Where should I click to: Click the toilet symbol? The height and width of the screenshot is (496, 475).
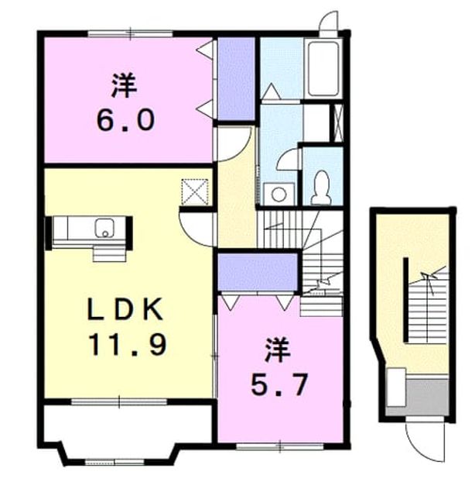point(321,188)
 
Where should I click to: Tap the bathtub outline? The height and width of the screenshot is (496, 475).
point(323,68)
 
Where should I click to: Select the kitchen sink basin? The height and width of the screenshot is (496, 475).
point(104,228)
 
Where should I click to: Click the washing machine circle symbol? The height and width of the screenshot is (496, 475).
point(279,195)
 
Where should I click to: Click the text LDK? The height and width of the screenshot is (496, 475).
point(125,309)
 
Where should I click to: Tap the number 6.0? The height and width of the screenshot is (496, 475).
point(125,120)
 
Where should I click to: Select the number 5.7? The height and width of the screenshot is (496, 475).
point(279,384)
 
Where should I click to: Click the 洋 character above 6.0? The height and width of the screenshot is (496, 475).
point(124,85)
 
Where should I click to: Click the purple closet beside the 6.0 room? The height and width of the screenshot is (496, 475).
point(237,78)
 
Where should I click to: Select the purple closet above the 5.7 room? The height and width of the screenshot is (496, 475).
point(258,272)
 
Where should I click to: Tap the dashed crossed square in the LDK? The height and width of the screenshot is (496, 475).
point(195,192)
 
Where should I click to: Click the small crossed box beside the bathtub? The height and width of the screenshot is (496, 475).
point(338,122)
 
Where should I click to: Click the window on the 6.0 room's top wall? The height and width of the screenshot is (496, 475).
point(131,33)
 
